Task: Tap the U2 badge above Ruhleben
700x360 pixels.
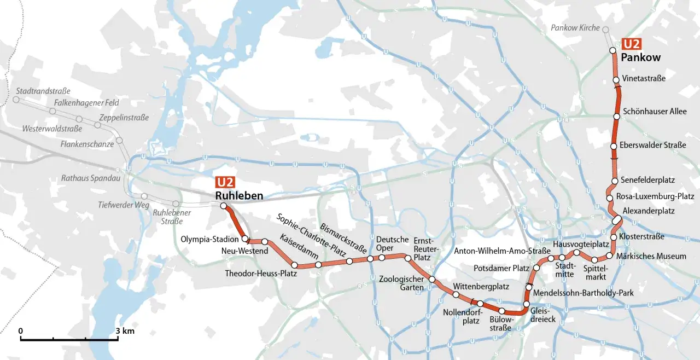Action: point(225,183)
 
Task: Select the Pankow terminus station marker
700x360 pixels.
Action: point(613,50)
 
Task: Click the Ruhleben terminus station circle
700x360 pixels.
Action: point(223,206)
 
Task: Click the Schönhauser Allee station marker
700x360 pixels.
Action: point(617,117)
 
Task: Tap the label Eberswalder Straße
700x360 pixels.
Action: point(652,145)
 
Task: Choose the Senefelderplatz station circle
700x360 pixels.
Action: point(615,181)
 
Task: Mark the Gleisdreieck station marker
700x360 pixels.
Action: point(526,304)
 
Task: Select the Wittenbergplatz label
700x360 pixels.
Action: point(481,286)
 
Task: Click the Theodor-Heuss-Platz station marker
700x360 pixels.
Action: point(294,265)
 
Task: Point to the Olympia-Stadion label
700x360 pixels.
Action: point(209,239)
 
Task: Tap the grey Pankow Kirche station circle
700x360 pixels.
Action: point(605,28)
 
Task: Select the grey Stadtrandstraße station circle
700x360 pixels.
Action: point(16,100)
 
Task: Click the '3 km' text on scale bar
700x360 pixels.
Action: point(125,331)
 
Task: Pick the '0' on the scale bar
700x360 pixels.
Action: point(20,331)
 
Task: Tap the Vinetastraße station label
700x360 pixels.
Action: point(644,78)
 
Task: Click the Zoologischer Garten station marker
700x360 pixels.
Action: point(431,280)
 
